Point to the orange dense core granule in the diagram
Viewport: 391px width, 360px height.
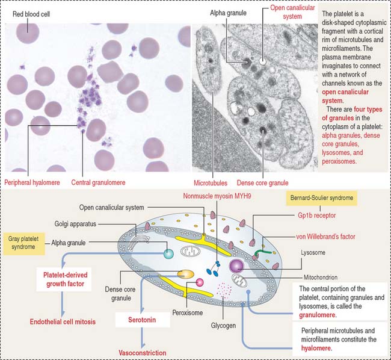pyautogui.click(x=185, y=274)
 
